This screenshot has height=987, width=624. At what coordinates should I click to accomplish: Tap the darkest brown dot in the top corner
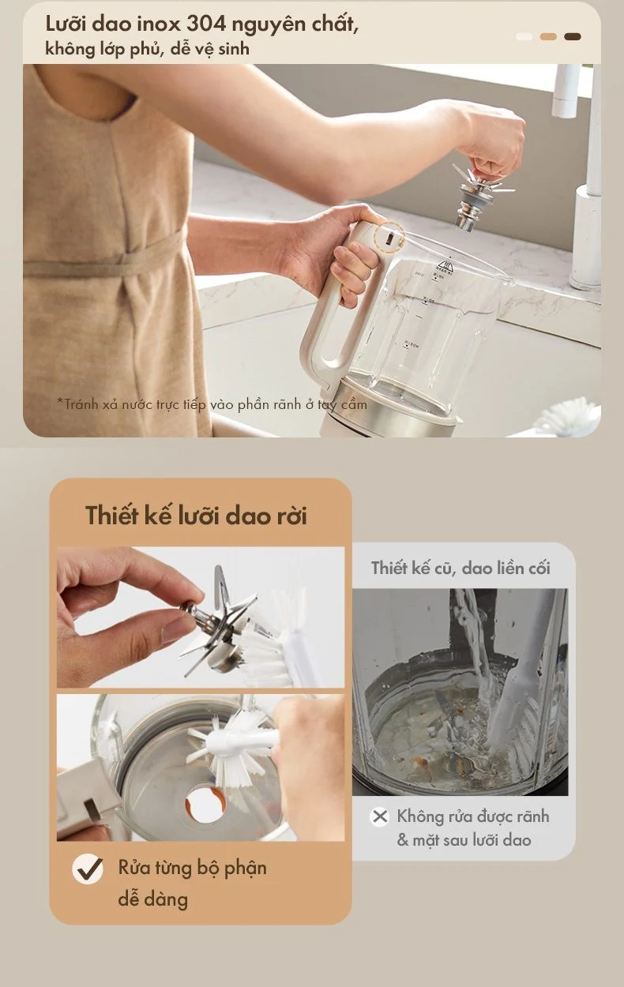pos(573,36)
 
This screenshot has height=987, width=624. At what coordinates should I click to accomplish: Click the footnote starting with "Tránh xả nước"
pos(212,404)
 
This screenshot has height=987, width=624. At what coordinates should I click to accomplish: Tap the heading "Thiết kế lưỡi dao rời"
pos(196,516)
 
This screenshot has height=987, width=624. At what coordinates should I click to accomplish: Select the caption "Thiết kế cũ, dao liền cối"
pos(460,568)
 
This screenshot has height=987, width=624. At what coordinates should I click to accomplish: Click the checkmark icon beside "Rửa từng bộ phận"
pos(88,869)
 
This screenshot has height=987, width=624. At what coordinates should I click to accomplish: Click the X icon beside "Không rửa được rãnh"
pos(380,816)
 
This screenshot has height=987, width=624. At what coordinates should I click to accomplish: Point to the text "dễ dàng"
pos(153,899)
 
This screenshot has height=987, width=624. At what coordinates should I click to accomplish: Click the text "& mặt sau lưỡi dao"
pos(464,840)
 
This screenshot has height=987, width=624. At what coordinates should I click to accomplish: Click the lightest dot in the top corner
pos(524,36)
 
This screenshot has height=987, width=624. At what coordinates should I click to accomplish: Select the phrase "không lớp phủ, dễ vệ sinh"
pos(148,49)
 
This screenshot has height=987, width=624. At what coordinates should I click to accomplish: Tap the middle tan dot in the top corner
pos(548,36)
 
